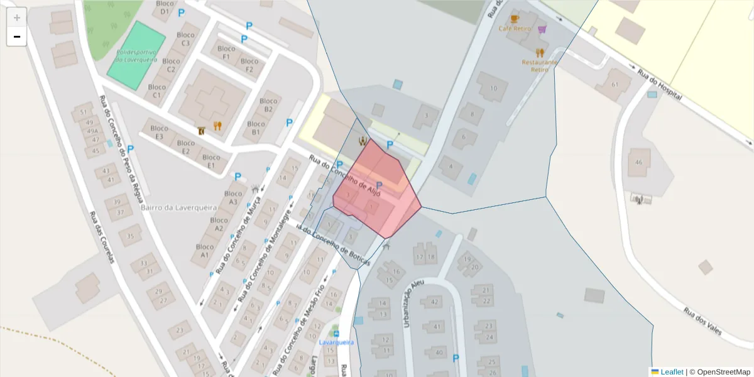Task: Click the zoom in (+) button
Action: click(x=17, y=18)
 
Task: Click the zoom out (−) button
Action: click(x=17, y=36)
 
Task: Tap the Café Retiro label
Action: click(x=515, y=29)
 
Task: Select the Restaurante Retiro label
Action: click(x=540, y=65)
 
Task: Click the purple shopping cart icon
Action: click(x=542, y=29)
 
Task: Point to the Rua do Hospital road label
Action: click(x=660, y=85)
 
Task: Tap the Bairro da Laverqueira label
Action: click(x=178, y=207)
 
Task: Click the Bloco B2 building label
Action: click(x=268, y=105)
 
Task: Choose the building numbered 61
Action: click(x=614, y=85)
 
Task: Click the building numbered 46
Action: click(x=639, y=162)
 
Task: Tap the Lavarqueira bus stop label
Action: click(x=336, y=342)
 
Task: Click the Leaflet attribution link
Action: click(x=671, y=372)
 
